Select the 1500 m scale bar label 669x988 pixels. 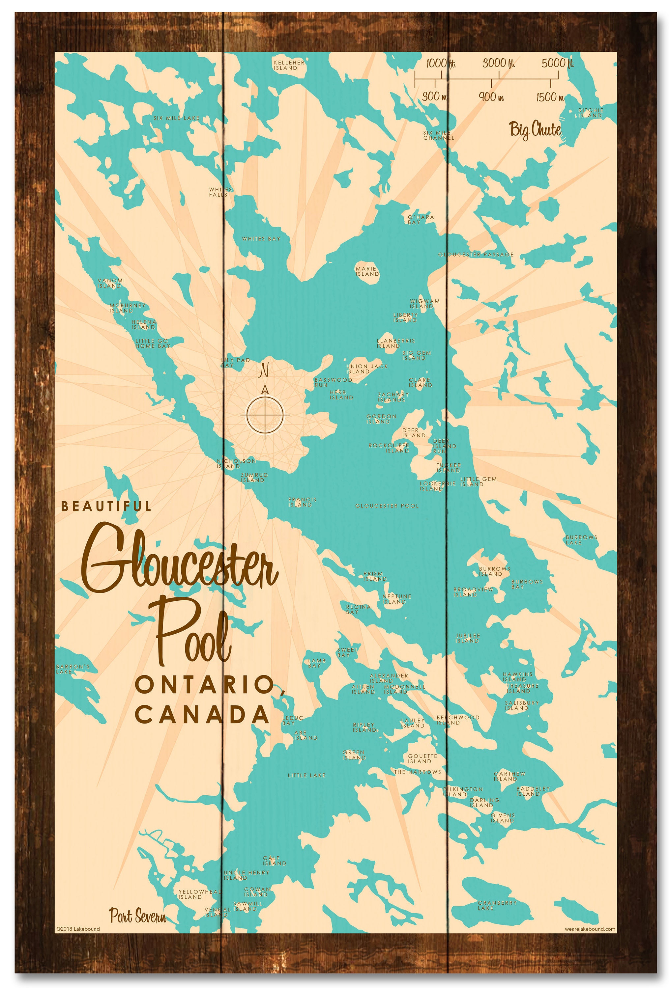[x=550, y=97]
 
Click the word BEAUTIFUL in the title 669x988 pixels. [x=106, y=506]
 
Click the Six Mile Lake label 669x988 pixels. [x=176, y=118]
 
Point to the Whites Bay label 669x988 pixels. [x=261, y=238]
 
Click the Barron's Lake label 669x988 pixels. [x=72, y=669]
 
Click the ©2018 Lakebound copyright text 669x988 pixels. [x=78, y=940]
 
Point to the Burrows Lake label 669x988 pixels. [x=581, y=539]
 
